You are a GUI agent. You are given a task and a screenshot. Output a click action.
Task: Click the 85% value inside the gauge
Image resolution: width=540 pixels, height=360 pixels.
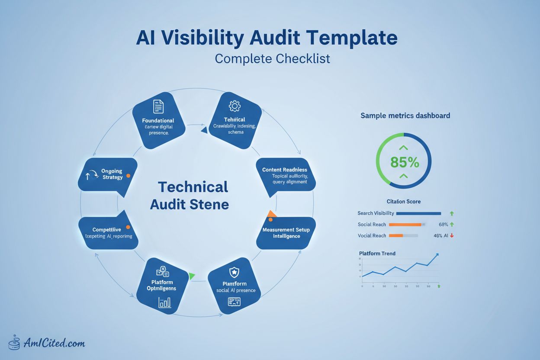click(404, 162)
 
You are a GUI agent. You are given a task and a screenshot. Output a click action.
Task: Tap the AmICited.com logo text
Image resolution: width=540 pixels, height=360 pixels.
click(55, 343)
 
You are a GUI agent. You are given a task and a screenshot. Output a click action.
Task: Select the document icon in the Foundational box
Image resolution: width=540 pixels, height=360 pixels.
click(158, 106)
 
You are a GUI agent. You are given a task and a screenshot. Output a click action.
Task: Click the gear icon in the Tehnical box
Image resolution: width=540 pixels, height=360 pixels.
click(235, 106)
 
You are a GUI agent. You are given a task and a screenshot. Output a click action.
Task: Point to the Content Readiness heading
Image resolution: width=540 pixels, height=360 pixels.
click(284, 170)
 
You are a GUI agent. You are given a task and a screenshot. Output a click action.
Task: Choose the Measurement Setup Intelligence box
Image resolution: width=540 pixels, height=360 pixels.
click(286, 233)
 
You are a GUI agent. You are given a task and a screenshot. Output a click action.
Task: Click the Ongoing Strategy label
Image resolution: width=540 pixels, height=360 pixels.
click(112, 174)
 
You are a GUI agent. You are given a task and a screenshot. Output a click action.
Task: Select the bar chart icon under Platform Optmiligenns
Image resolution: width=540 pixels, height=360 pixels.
click(165, 302)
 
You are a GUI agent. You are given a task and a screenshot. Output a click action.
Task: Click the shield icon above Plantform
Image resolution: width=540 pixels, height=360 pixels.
click(234, 273)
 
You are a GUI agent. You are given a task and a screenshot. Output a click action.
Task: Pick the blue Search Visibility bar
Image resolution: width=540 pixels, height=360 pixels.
click(418, 213)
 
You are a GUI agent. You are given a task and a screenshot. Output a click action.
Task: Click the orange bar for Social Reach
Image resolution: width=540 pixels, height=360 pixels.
click(405, 225)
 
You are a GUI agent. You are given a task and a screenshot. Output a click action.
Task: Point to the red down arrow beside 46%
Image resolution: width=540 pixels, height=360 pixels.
click(452, 236)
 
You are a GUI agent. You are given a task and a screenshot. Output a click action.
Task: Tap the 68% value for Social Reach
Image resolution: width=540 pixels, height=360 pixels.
click(443, 225)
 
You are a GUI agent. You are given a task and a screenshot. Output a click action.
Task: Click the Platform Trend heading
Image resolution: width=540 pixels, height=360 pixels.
click(377, 253)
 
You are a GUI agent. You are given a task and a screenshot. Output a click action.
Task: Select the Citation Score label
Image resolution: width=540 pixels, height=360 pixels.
click(403, 201)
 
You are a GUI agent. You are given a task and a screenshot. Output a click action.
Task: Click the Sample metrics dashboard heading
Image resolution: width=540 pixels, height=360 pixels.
click(405, 116)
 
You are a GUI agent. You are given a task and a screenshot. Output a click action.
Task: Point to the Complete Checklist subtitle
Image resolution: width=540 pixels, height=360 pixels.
click(272, 58)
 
